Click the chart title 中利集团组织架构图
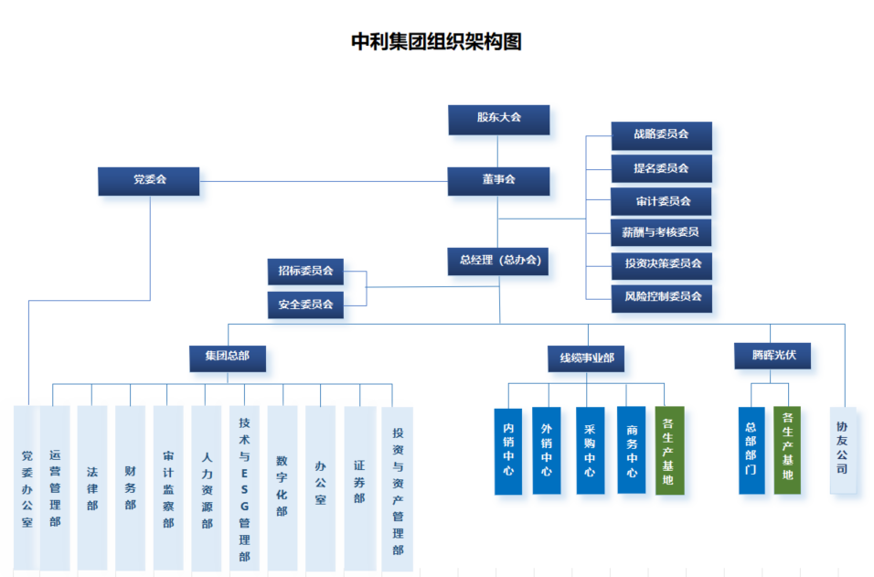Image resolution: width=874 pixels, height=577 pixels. click(436, 42)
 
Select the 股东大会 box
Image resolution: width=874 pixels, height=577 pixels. click(498, 119)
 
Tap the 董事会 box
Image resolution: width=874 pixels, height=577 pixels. click(498, 180)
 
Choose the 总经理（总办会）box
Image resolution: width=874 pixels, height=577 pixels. click(498, 261)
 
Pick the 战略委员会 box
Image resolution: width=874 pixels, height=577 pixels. click(661, 135)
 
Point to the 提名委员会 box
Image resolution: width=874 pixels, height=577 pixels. click(661, 168)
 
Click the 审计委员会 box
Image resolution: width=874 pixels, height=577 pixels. click(661, 201)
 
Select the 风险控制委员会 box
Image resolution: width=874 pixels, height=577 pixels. click(661, 297)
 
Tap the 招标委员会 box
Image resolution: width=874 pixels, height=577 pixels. click(305, 272)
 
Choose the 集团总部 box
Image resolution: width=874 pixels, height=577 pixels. click(228, 358)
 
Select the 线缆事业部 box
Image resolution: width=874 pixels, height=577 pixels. click(586, 359)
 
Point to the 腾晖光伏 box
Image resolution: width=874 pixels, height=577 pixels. click(773, 356)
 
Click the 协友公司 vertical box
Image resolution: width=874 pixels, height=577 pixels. click(843, 450)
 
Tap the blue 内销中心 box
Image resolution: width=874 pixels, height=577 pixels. click(508, 450)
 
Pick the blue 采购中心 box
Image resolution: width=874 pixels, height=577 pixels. click(590, 450)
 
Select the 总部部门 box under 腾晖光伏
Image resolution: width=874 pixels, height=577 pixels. click(751, 450)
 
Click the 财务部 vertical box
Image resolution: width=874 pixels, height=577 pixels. click(130, 487)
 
